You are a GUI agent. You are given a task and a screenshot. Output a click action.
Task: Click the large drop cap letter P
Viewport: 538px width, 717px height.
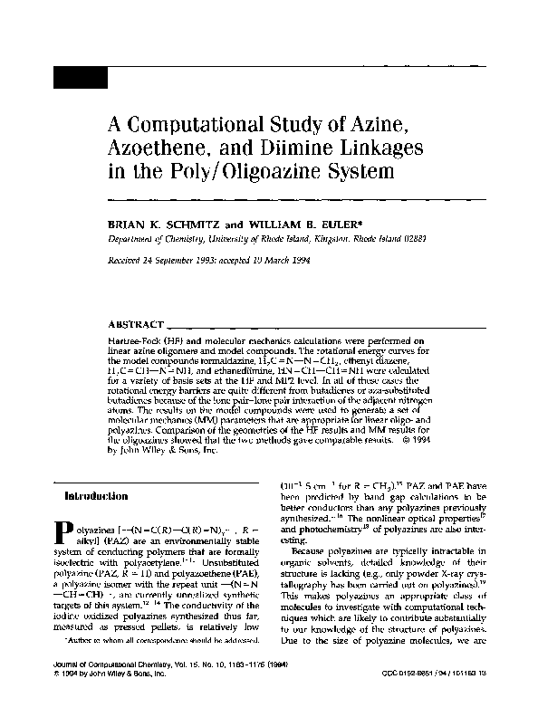(x=64, y=533)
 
